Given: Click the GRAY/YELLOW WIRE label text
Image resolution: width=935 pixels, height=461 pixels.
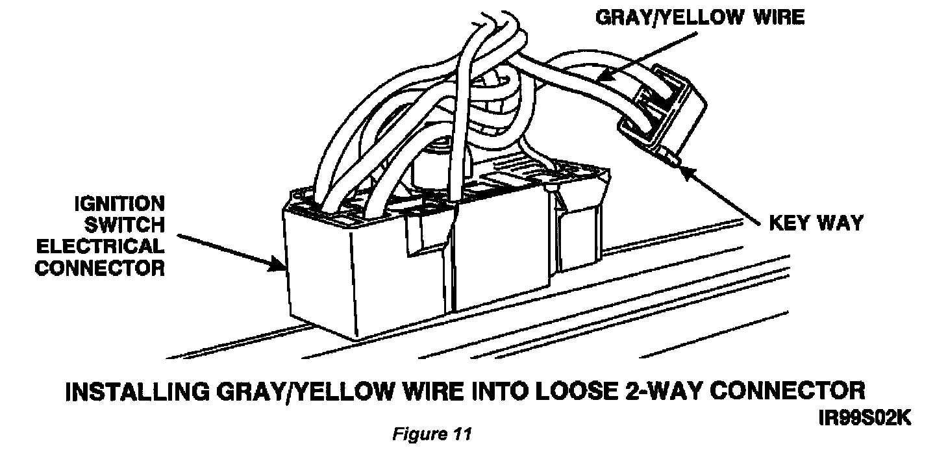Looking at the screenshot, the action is [x=699, y=18].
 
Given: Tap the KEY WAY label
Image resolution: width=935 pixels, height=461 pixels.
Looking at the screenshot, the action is [x=816, y=224].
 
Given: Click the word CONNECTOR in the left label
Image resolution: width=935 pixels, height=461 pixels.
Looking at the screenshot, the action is [x=101, y=268].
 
